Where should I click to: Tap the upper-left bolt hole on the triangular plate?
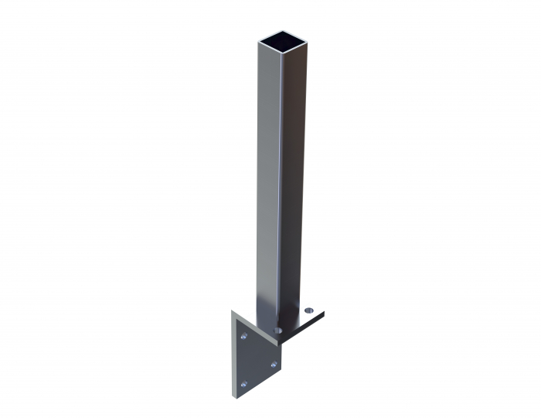pyautogui.click(x=244, y=337)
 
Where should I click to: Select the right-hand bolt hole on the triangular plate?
pyautogui.click(x=272, y=364)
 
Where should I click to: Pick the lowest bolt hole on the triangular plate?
pyautogui.click(x=244, y=383)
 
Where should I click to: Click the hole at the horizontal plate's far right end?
pyautogui.click(x=310, y=310)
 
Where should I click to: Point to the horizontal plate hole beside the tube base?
pyautogui.click(x=277, y=331)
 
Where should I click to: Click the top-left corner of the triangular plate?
pyautogui.click(x=232, y=312)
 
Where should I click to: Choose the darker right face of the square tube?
pyautogui.click(x=293, y=178)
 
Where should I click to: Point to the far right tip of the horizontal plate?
pyautogui.click(x=324, y=313)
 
